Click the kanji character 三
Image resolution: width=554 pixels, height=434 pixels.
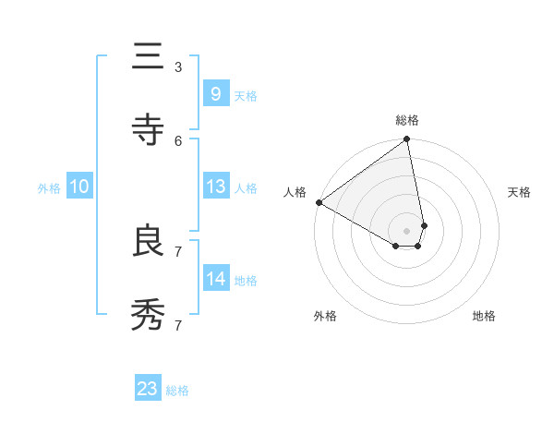coord(148,58)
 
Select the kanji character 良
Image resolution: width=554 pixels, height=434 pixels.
coord(148,241)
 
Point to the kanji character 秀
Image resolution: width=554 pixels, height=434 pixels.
coord(148,315)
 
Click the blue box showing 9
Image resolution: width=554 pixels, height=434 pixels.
coord(215,93)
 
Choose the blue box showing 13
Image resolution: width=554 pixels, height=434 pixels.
coord(215,187)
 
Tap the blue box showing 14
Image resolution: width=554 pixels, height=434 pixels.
coord(215,278)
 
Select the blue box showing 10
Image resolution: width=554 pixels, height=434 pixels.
coord(78,187)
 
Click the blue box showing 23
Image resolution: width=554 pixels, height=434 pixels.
coord(148,389)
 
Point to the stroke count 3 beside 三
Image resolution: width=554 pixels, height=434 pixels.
coord(178,67)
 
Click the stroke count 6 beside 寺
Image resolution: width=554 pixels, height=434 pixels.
coord(178,140)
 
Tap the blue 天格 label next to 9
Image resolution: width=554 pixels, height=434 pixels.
coord(246,95)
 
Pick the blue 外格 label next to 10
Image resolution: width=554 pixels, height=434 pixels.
coord(49,188)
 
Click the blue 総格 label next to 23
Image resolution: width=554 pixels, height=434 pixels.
coord(177,391)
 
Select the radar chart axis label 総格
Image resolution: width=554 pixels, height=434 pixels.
coord(407,120)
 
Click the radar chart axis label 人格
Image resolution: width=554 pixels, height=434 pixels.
coord(295,192)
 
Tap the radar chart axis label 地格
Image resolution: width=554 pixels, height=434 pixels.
coord(484,316)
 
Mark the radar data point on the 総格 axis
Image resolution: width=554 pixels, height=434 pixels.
coord(407,140)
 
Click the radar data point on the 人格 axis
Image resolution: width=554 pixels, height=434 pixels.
coord(319,202)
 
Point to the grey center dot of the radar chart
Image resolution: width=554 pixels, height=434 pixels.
coord(407,230)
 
